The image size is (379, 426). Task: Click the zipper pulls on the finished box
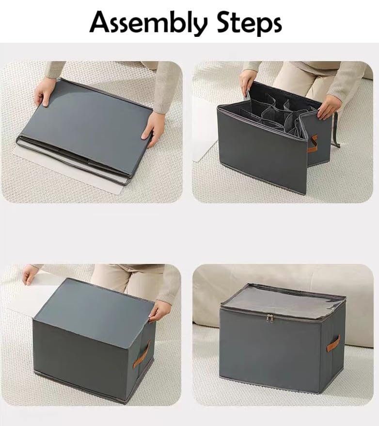tap(270, 318)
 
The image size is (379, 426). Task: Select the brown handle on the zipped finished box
tap(333, 344)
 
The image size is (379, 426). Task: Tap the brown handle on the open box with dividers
tap(313, 144)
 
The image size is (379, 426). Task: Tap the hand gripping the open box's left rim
tap(247, 81)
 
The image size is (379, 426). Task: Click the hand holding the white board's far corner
tap(30, 275)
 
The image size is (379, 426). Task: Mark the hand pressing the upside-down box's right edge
tap(159, 311)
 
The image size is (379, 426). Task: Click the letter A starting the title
tap(100, 22)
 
